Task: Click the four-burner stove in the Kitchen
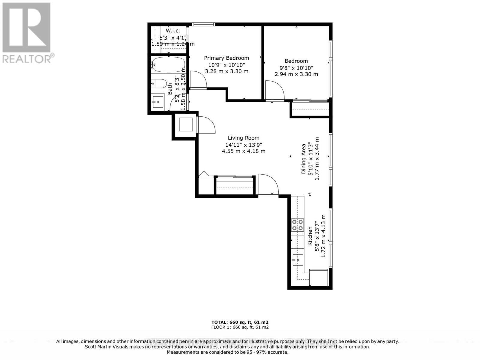pos(298,225)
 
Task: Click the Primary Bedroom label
pos(226,58)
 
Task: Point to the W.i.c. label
pos(173,31)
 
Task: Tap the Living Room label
pos(244,138)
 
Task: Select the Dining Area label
pos(304,159)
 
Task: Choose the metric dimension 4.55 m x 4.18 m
pos(244,151)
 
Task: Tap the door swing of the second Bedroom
pos(275,90)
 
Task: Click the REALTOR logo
pos(27,33)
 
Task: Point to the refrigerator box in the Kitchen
pos(319,277)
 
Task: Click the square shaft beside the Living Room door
pos(186,124)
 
